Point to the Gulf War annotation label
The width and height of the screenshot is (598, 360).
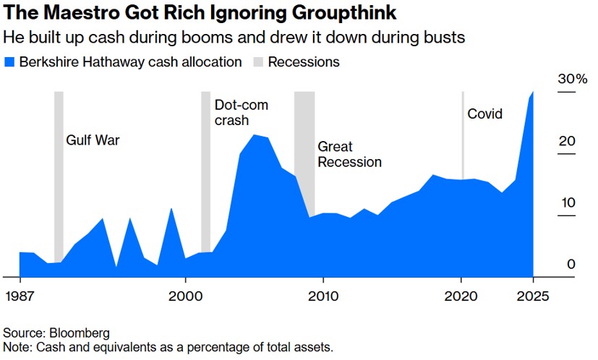click(93, 140)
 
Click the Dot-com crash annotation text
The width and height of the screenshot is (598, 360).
click(242, 113)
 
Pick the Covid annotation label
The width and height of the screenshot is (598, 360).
click(484, 113)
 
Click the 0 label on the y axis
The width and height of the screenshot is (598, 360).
click(571, 265)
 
